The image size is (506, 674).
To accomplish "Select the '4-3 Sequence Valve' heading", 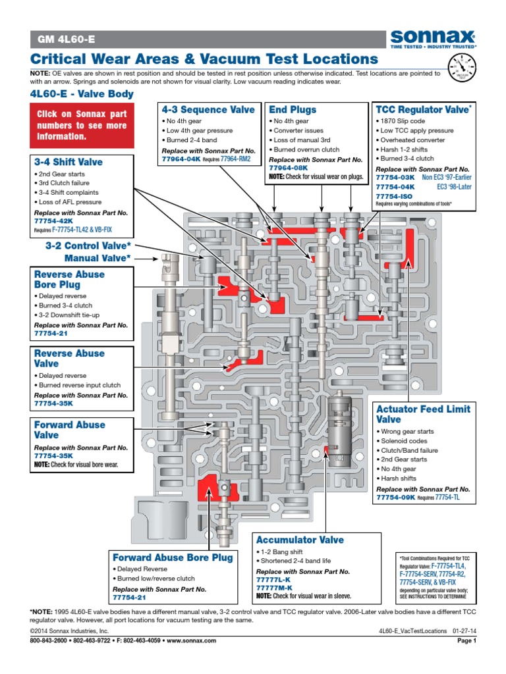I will coord(208,110).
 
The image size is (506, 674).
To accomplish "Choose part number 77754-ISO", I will coord(393,196).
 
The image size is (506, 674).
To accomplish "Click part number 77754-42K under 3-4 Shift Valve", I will coord(54,222).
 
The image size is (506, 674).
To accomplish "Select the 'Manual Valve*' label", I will coord(97,258).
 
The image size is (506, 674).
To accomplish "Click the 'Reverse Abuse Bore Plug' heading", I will coord(69,280).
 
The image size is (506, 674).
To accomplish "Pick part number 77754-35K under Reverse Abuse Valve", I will coord(54,403).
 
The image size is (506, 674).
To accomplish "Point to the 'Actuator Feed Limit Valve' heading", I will coord(423,414).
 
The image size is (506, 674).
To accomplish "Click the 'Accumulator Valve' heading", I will coord(300,540).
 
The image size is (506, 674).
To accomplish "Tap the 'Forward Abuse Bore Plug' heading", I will coord(173,557).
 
